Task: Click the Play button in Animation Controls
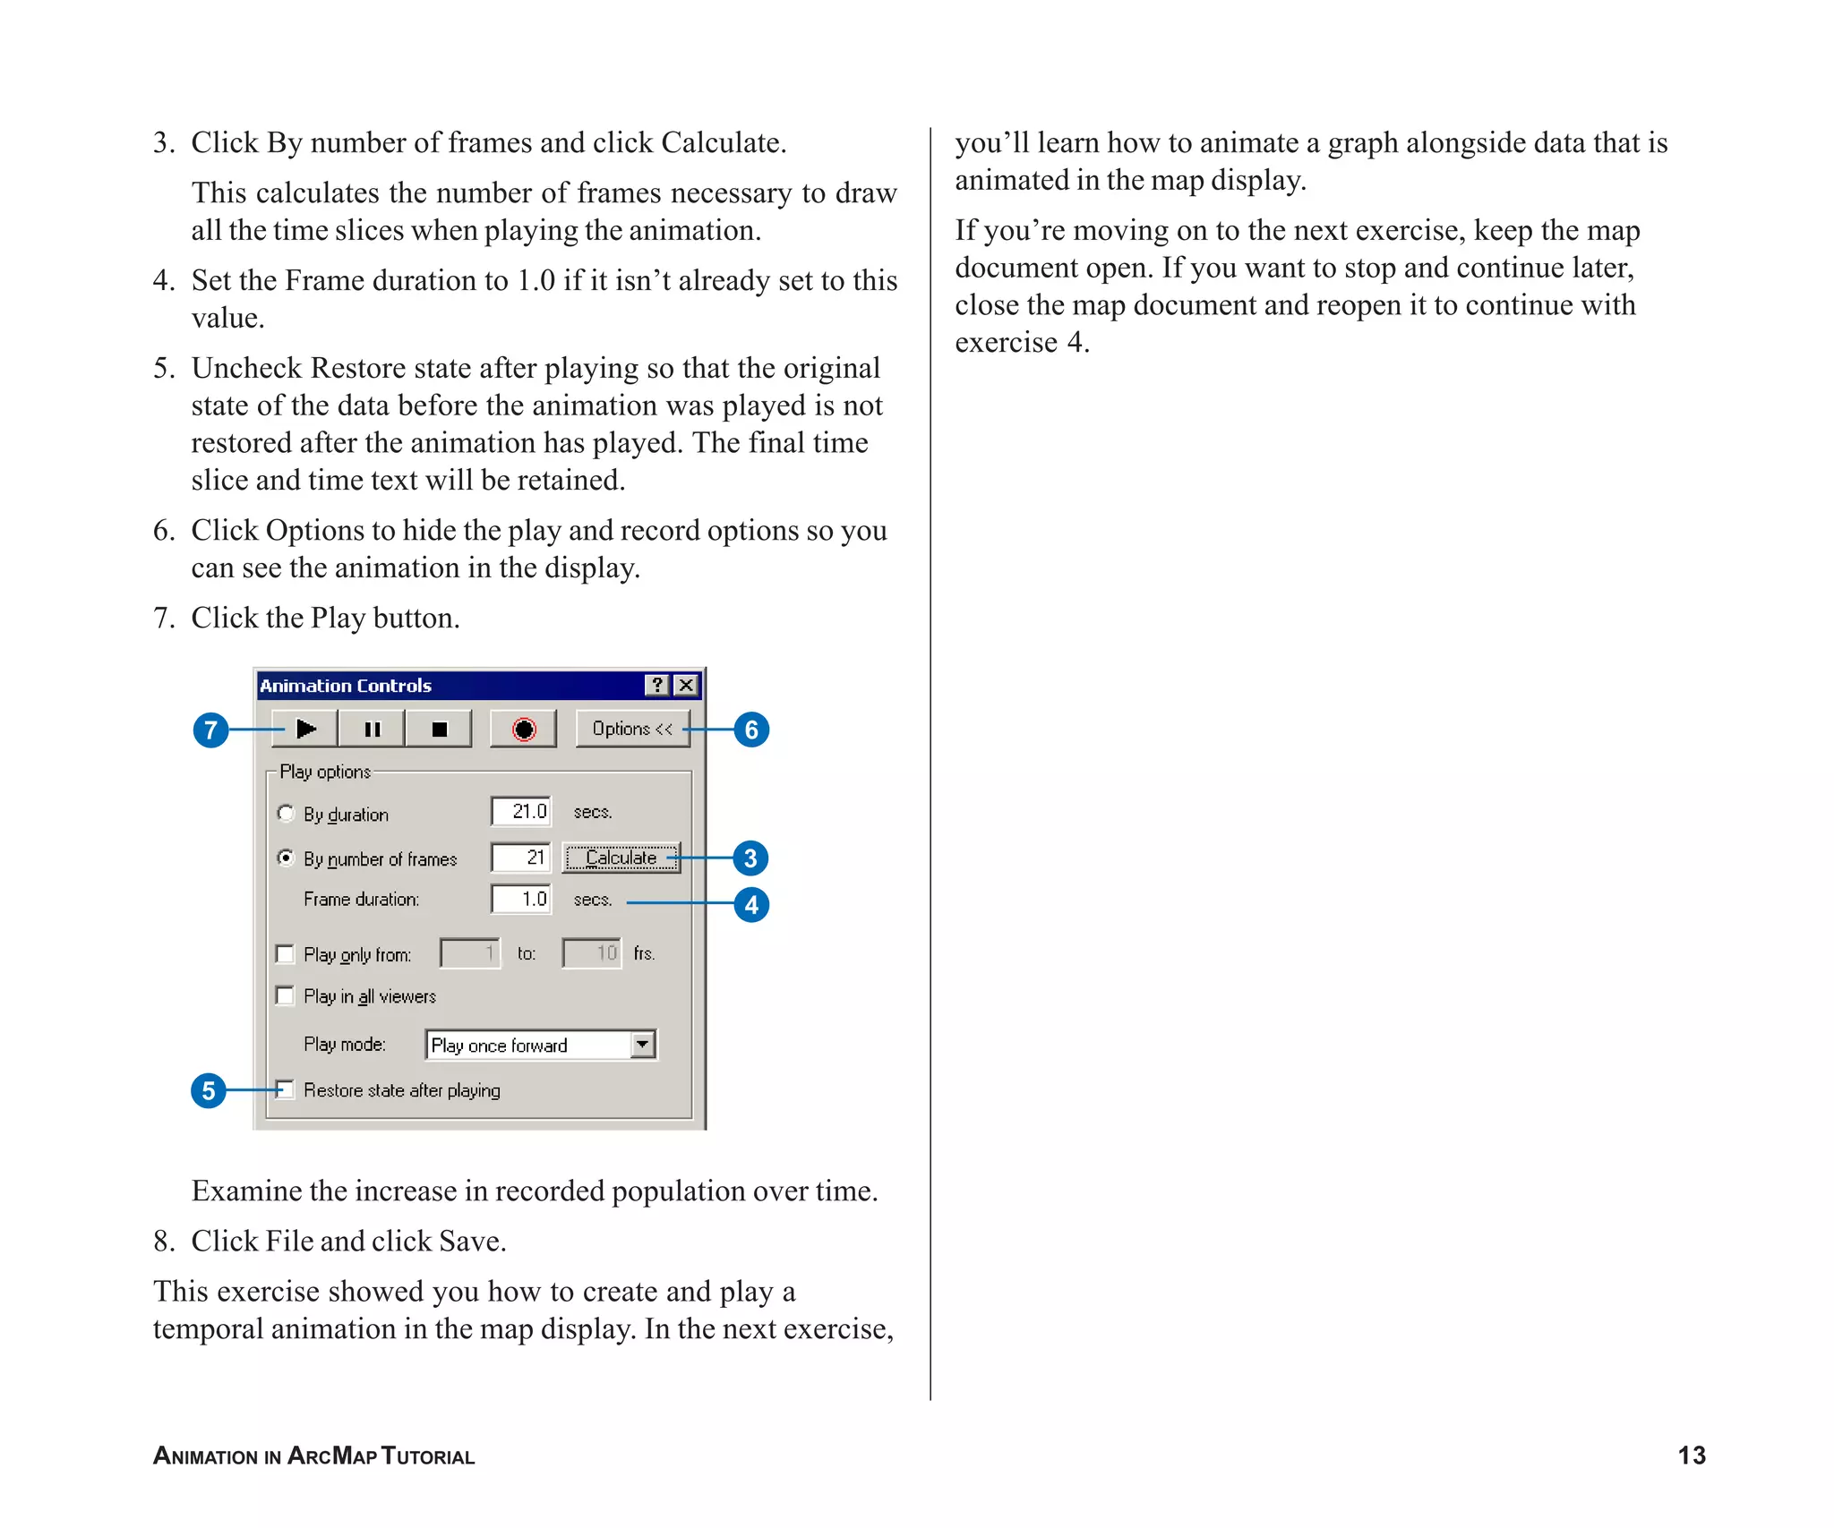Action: (x=305, y=730)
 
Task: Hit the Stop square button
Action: (x=439, y=730)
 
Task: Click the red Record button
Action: (x=524, y=730)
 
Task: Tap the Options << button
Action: (x=632, y=730)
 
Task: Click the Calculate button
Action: (x=621, y=858)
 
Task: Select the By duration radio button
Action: (x=286, y=814)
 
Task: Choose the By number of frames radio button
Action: (x=286, y=858)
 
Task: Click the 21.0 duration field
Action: (x=521, y=812)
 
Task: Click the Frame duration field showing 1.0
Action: (x=521, y=900)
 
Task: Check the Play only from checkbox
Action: (x=286, y=954)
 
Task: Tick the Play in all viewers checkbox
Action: (x=286, y=996)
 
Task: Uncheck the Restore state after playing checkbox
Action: (x=286, y=1090)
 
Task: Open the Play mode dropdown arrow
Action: (x=643, y=1045)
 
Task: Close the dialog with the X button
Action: (x=687, y=686)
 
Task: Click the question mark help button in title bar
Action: (x=657, y=686)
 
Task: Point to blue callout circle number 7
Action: (x=210, y=730)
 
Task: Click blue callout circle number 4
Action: (x=751, y=905)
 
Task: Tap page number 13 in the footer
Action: (x=1691, y=1455)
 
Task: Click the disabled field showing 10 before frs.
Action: (x=591, y=953)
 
